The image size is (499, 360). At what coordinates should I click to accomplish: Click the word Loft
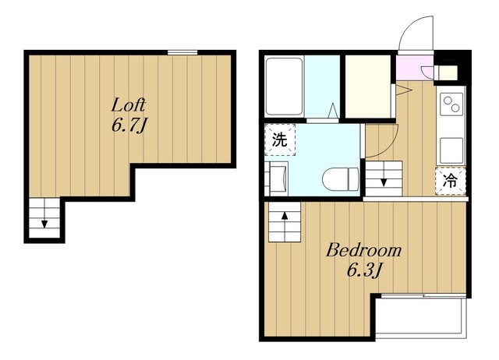click(x=128, y=105)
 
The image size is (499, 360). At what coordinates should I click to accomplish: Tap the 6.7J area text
click(x=128, y=125)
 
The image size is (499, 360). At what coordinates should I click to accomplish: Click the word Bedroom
click(x=364, y=250)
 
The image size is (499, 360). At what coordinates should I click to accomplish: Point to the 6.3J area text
click(x=364, y=270)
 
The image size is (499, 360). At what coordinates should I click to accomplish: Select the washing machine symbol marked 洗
click(x=280, y=139)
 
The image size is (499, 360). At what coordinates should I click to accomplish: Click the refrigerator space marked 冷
click(x=451, y=181)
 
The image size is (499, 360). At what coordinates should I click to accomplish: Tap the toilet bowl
click(x=341, y=180)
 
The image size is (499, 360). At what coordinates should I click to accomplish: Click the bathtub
click(x=284, y=86)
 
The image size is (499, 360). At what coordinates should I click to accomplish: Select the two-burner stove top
click(x=451, y=104)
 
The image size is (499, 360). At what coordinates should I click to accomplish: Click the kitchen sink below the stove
click(x=451, y=150)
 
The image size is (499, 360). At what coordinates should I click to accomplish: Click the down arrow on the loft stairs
click(x=44, y=224)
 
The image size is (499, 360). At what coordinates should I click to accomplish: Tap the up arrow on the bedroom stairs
click(x=285, y=217)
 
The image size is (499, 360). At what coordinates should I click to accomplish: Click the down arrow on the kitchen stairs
click(x=384, y=182)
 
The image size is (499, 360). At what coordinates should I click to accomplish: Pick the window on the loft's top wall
click(x=182, y=52)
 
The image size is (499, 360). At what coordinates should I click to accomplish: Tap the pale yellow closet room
click(x=368, y=86)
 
